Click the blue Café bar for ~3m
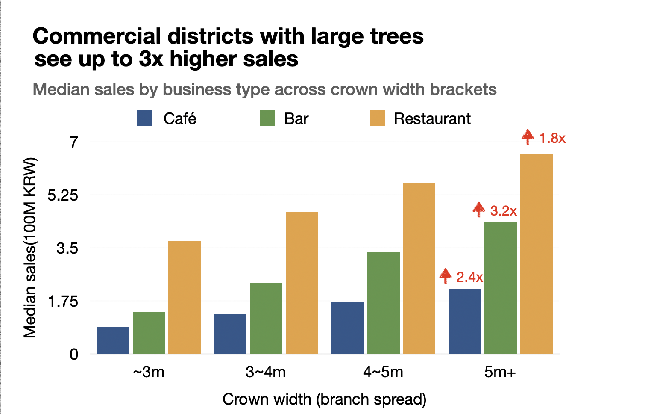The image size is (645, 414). point(113,340)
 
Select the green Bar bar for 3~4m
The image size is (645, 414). point(266,318)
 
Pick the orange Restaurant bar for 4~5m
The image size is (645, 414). point(419,268)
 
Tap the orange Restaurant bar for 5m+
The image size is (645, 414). point(536,254)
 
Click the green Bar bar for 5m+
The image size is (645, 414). point(500,288)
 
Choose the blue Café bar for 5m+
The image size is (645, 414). point(465,321)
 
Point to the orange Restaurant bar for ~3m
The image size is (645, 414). point(185,297)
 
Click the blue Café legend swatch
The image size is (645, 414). point(144,118)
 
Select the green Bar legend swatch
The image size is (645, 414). point(267,118)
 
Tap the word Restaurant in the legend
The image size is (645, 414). point(432,118)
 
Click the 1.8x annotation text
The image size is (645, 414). point(552,139)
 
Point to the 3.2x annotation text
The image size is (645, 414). point(503,211)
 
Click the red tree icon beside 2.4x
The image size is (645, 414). point(446,276)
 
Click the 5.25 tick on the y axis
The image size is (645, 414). point(63,195)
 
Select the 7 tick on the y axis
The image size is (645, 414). point(74,142)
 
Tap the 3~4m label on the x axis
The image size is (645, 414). point(266,372)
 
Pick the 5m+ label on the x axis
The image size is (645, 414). point(500,372)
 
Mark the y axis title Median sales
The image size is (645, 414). point(30,248)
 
